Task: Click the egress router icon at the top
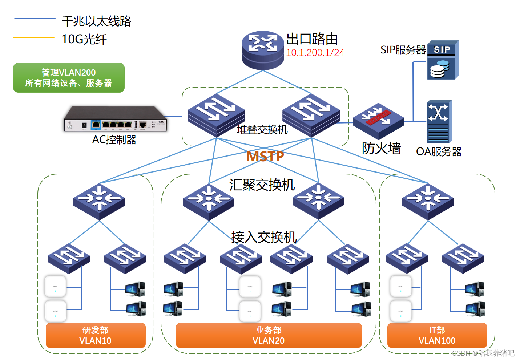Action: coord(263,50)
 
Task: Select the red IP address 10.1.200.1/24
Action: coord(315,53)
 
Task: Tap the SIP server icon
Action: coord(443,60)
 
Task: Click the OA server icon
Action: coord(439,121)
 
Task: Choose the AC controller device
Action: coord(115,119)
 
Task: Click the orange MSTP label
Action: coord(265,157)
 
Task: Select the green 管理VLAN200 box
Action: coord(69,78)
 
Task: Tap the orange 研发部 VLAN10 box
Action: coord(96,335)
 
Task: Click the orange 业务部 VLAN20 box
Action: coord(269,335)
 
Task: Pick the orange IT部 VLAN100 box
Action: coord(437,335)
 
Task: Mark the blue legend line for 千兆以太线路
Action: coord(35,19)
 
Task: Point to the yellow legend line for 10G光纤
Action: coord(34,37)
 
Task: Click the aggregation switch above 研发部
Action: coord(99,201)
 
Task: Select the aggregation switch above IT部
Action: coord(428,201)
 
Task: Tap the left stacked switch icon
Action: coord(216,115)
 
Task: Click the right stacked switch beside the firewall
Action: coord(311,115)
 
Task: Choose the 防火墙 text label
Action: coord(381,148)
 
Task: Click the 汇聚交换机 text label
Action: coord(262,185)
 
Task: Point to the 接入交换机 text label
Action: coord(264,237)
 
